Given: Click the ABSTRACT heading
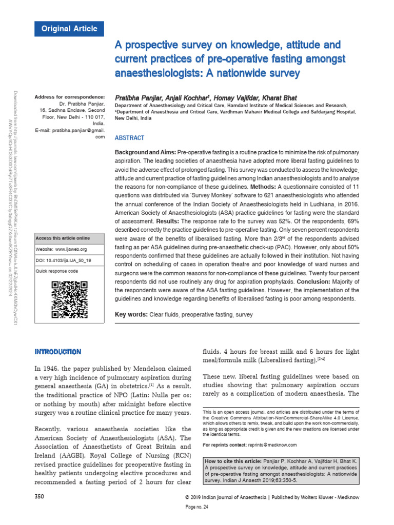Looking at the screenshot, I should click(x=129, y=138).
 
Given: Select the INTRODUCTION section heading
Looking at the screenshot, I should click(x=57, y=352).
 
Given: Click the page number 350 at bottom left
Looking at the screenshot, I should click(x=40, y=497).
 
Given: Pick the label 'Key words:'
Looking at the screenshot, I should click(x=131, y=314).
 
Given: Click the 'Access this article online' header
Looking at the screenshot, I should click(x=62, y=238).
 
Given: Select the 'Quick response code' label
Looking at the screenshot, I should click(x=56, y=271).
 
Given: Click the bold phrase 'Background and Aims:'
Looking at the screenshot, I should click(x=145, y=153).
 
